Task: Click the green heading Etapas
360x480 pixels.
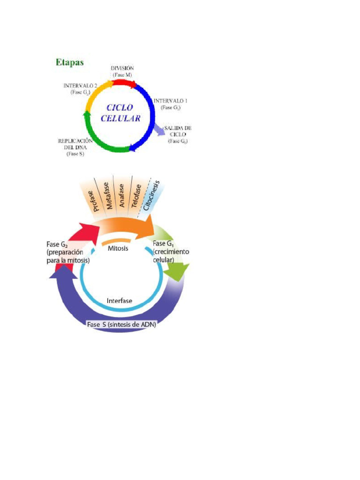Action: pyautogui.click(x=70, y=62)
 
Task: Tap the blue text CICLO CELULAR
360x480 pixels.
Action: pyautogui.click(x=120, y=112)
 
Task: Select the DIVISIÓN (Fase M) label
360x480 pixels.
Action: pyautogui.click(x=122, y=71)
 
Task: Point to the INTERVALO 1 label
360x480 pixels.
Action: pyautogui.click(x=171, y=104)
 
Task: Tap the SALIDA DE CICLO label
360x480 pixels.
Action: pyautogui.click(x=178, y=134)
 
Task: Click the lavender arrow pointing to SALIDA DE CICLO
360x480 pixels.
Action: pyautogui.click(x=160, y=129)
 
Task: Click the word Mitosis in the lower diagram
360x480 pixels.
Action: pyautogui.click(x=118, y=248)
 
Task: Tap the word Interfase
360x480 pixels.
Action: pyautogui.click(x=120, y=300)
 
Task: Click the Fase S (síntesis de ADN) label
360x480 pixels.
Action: pyautogui.click(x=122, y=324)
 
